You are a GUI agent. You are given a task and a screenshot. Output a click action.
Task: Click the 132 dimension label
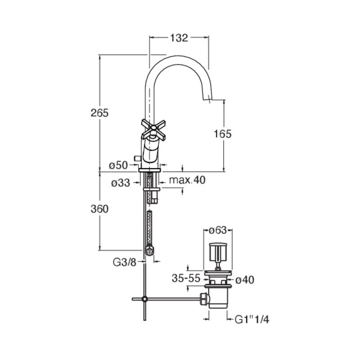pos(179,38)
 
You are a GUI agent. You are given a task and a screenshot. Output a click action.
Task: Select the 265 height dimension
pos(99,113)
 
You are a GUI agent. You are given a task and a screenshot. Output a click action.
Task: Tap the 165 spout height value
pos(223,134)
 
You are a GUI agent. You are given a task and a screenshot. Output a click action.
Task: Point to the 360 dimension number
pos(99,209)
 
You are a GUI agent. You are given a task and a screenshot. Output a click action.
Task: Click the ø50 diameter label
pos(118,165)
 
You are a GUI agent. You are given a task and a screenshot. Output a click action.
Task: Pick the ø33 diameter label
pos(121,183)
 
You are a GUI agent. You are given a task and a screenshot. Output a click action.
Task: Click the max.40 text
pos(187,180)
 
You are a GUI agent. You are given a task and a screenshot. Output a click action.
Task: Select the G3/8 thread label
pos(125,262)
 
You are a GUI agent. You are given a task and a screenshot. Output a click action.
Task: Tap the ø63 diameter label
pos(218,230)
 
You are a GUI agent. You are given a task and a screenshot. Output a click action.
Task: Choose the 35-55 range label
pos(186,279)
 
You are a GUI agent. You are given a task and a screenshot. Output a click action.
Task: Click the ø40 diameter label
pos(245,280)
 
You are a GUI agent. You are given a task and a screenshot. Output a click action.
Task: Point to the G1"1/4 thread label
pos(252,319)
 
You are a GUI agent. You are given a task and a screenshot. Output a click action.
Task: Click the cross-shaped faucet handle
pos(153,129)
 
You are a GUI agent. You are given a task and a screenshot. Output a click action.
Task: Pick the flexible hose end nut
pos(150,250)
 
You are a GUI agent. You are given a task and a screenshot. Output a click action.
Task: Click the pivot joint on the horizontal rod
pos(144,299)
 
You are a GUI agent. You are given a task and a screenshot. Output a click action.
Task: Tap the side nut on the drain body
pos(204,299)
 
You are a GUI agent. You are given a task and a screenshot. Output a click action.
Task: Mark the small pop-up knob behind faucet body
pos(137,158)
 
